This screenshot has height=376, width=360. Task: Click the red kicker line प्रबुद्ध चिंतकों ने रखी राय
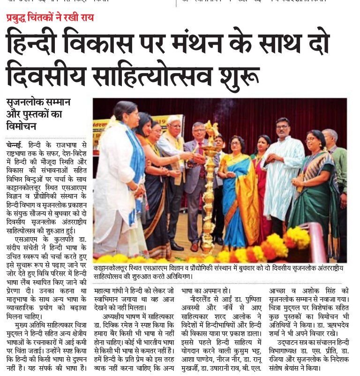coord(50,18)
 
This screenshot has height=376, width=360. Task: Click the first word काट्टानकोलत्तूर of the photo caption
coord(114,267)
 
